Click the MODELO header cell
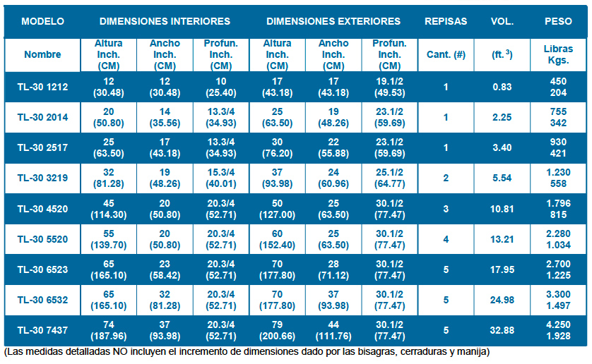point(42,21)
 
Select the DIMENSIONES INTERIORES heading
point(165,21)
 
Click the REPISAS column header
point(445,21)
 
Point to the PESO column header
point(558,21)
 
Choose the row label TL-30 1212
point(42,87)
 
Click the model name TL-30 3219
point(42,178)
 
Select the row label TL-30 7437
point(42,330)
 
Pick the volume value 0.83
point(502,87)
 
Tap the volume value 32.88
point(502,330)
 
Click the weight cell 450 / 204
point(558,87)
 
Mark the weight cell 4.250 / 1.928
point(558,330)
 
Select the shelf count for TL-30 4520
point(446,209)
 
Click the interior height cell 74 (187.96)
point(109,330)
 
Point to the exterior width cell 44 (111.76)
point(333,330)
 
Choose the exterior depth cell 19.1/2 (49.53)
point(390,87)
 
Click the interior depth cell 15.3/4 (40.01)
point(220,178)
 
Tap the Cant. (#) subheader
point(446,54)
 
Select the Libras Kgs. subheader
point(558,54)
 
